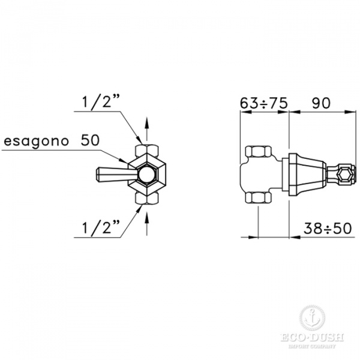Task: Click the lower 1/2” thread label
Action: [x=101, y=227]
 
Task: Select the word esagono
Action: [x=36, y=141]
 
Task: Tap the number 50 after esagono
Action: [x=90, y=140]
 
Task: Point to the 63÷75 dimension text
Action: [x=263, y=103]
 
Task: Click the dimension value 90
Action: [x=321, y=103]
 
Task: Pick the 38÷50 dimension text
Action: [x=328, y=228]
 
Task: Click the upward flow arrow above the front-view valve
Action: [x=147, y=130]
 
